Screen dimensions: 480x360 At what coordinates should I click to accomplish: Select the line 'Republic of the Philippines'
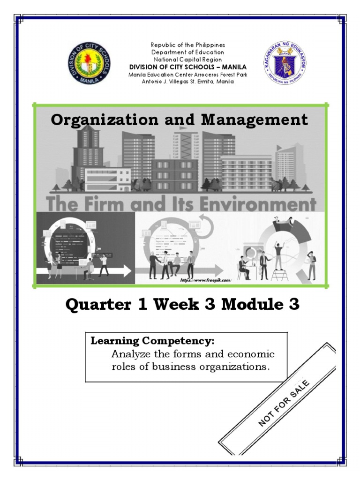187,45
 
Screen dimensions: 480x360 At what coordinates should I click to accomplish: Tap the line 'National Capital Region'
187,60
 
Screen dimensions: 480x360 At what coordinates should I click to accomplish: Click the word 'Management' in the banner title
255,120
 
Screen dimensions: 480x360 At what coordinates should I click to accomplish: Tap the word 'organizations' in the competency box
240,367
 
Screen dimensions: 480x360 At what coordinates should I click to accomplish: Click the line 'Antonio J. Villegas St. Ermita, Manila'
187,82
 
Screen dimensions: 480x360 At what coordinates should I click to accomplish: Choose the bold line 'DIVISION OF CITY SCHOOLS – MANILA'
187,67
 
